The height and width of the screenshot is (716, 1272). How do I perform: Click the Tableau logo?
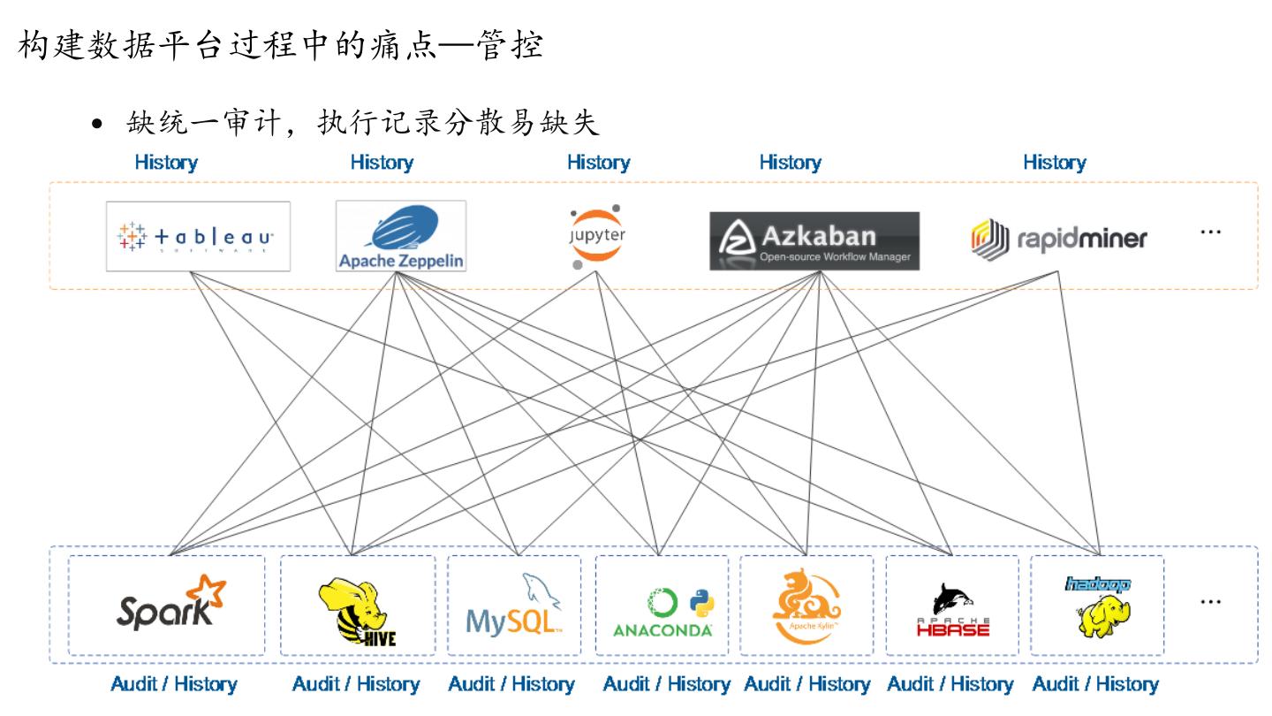198,236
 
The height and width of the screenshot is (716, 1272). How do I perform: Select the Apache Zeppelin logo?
401,236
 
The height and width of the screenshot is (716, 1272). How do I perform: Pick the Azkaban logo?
814,240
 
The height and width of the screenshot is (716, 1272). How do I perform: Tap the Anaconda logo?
662,610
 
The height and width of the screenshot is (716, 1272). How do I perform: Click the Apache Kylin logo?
806,605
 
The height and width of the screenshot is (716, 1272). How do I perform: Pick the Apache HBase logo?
952,610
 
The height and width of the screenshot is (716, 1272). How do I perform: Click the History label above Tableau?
166,163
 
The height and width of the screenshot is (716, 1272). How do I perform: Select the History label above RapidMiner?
1055,163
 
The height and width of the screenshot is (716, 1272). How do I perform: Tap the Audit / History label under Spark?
174,684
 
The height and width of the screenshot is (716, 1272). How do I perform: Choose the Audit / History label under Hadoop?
1095,684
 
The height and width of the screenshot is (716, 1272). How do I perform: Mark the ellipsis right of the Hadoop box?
1210,602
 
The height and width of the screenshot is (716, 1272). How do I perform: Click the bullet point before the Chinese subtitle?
99,126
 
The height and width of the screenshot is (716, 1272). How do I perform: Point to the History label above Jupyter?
598,163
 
